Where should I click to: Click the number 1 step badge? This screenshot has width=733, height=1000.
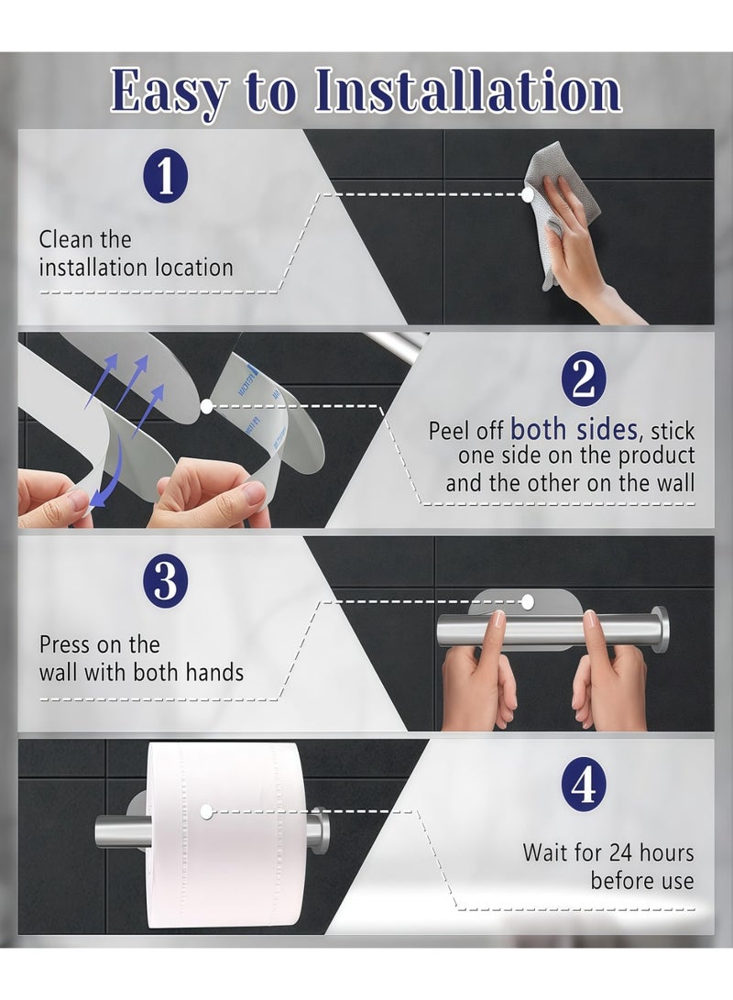(166, 176)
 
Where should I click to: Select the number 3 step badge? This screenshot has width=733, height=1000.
(166, 580)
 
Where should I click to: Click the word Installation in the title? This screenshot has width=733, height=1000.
(468, 90)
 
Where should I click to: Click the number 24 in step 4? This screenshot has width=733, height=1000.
(622, 852)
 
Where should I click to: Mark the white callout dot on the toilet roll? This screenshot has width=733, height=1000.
(206, 812)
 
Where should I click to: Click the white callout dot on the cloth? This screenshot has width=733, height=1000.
(528, 194)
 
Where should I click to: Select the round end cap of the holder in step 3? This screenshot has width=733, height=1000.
(661, 631)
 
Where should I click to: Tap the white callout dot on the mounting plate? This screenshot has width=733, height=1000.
(527, 600)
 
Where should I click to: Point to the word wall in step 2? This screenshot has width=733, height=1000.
(676, 483)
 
